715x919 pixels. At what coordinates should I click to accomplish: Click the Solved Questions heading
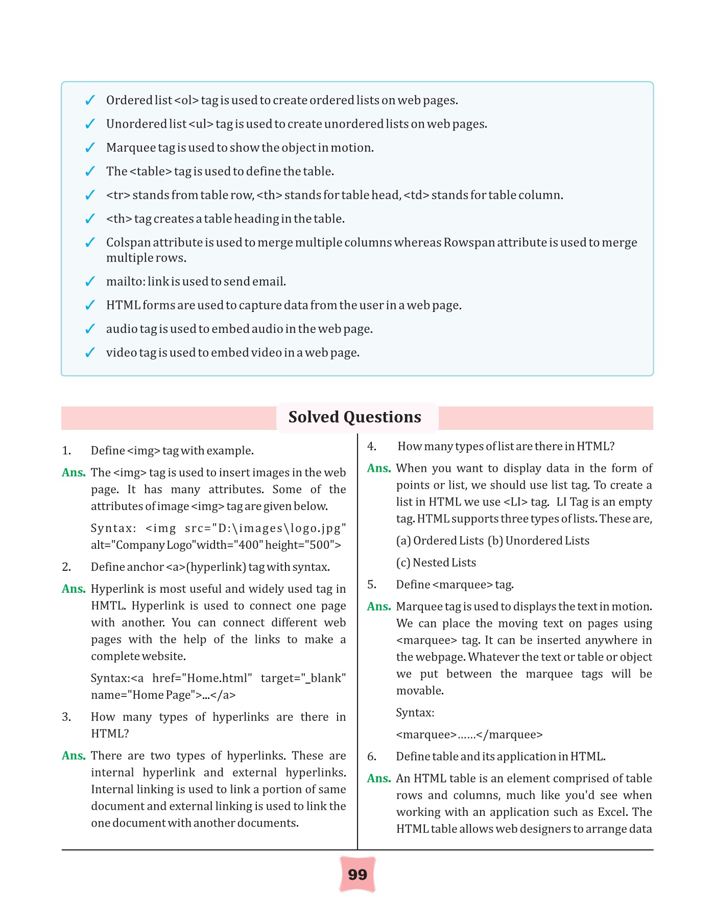(354, 417)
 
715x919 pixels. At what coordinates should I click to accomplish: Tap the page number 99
(357, 875)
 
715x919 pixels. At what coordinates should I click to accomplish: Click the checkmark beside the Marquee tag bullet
(90, 148)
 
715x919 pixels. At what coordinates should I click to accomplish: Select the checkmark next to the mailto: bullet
(90, 282)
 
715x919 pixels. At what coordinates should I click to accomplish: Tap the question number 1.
(66, 451)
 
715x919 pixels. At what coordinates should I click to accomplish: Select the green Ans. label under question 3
(74, 756)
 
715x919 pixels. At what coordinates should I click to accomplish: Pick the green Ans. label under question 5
(378, 607)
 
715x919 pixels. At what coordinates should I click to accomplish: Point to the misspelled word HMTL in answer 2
(107, 606)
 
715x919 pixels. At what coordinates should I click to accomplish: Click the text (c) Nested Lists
(436, 563)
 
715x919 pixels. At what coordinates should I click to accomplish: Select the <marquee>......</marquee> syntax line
(469, 735)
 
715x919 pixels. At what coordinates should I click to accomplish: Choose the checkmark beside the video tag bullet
(90, 353)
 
